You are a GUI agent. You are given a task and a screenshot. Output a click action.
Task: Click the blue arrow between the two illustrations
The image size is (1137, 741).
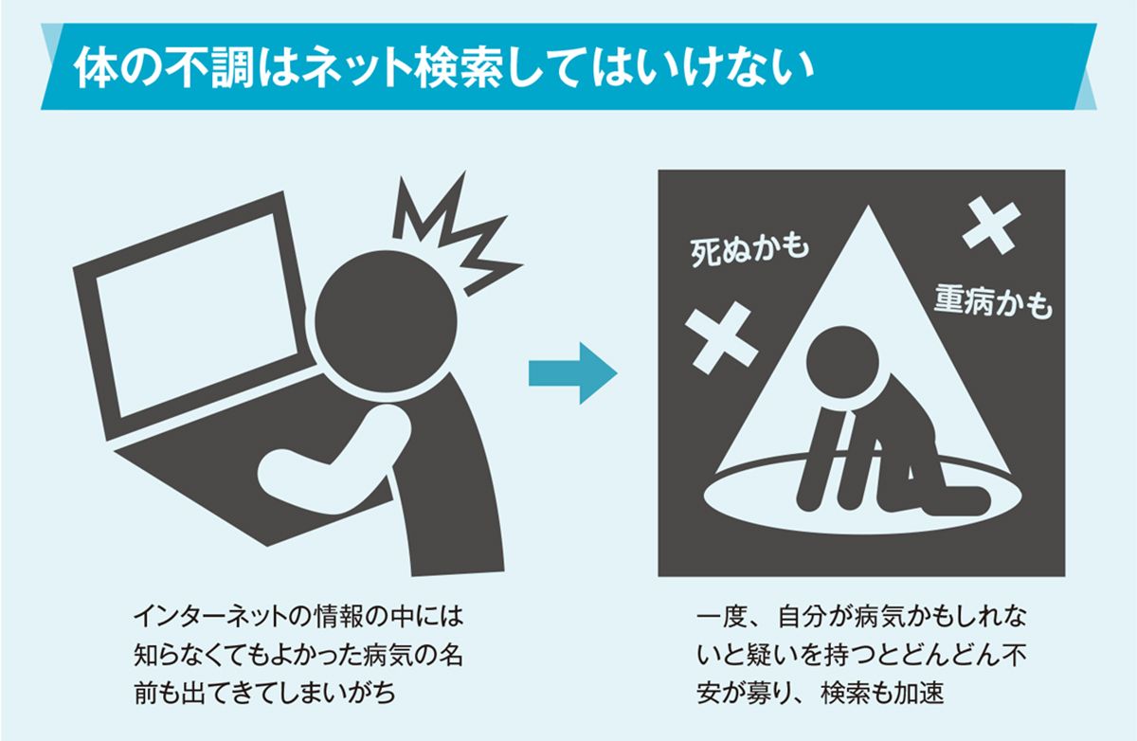tap(572, 373)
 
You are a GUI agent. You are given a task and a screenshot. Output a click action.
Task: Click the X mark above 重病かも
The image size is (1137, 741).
tap(991, 227)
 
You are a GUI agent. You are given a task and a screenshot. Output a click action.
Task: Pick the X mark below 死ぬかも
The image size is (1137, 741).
tap(721, 338)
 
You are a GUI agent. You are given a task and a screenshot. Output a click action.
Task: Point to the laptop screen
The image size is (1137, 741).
tap(196, 315)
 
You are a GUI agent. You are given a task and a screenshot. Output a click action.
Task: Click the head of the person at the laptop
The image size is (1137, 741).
tap(386, 321)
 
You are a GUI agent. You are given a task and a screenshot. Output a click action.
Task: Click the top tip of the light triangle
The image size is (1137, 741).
tap(868, 206)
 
